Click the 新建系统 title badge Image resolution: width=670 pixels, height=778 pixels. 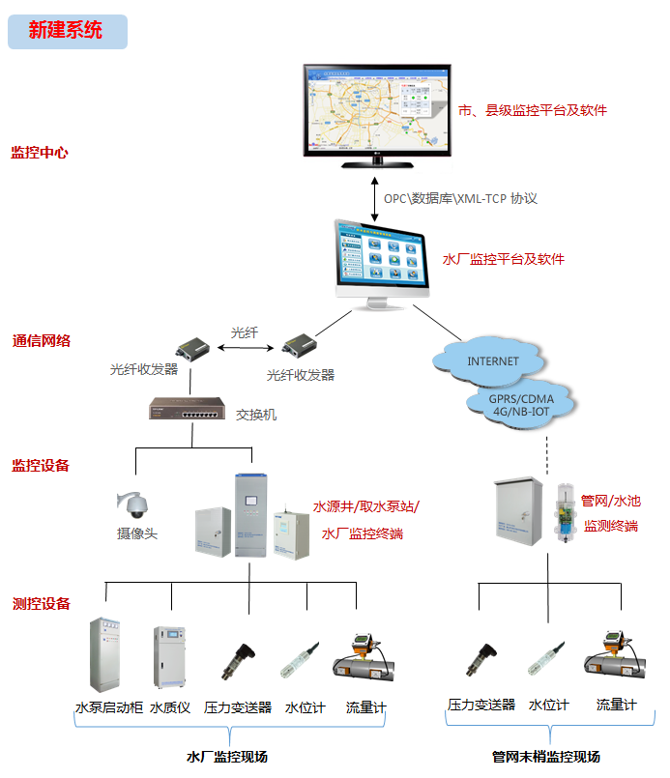click(67, 30)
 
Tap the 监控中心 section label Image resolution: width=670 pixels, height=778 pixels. click(40, 153)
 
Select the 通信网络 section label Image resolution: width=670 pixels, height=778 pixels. click(41, 341)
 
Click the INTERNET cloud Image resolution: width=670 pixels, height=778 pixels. click(493, 360)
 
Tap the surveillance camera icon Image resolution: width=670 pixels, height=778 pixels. click(134, 504)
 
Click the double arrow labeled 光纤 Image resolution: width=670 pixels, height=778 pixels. click(245, 347)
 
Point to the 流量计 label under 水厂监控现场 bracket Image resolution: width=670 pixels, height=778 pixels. click(365, 707)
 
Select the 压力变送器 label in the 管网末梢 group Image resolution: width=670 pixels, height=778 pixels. click(481, 706)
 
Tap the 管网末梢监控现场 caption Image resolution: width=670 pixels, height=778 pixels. click(545, 756)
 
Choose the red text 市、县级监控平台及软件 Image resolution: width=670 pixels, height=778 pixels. click(533, 110)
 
